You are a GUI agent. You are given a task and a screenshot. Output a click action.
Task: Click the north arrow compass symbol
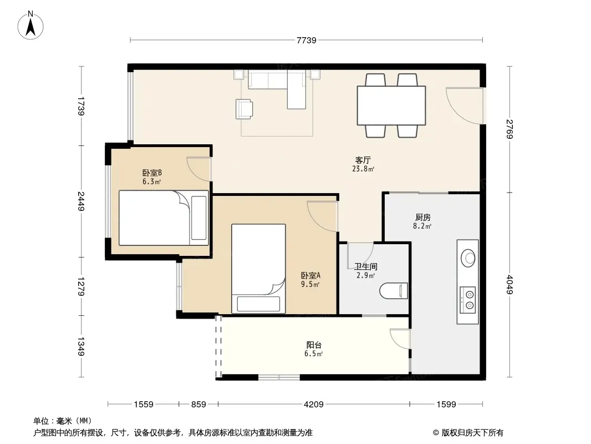pyautogui.click(x=30, y=26)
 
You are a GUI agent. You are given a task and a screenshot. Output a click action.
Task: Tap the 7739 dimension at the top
pyautogui.click(x=306, y=40)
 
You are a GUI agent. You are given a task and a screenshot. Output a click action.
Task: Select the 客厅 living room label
pyautogui.click(x=363, y=160)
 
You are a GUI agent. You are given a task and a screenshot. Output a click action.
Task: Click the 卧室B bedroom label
pyautogui.click(x=152, y=173)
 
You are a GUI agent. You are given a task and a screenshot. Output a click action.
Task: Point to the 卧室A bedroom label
pyautogui.click(x=310, y=276)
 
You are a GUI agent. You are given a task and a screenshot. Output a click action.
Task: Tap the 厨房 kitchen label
pyautogui.click(x=422, y=218)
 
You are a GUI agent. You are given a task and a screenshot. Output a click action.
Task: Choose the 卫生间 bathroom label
pyautogui.click(x=365, y=267)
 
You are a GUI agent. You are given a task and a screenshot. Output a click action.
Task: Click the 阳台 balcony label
pyautogui.click(x=314, y=345)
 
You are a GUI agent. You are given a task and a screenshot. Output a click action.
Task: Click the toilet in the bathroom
pyautogui.click(x=394, y=291)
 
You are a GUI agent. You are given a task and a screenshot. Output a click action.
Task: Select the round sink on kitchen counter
pyautogui.click(x=468, y=258)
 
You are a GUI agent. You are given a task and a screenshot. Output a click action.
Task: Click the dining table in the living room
pyautogui.click(x=391, y=105)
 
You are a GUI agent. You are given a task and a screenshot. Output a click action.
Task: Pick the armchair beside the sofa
pyautogui.click(x=244, y=109)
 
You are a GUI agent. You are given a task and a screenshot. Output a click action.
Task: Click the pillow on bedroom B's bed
pyautogui.click(x=199, y=218)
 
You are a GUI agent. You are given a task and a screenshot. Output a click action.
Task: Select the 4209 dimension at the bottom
pyautogui.click(x=314, y=405)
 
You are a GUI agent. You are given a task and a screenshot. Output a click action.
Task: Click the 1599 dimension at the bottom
pyautogui.click(x=446, y=405)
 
